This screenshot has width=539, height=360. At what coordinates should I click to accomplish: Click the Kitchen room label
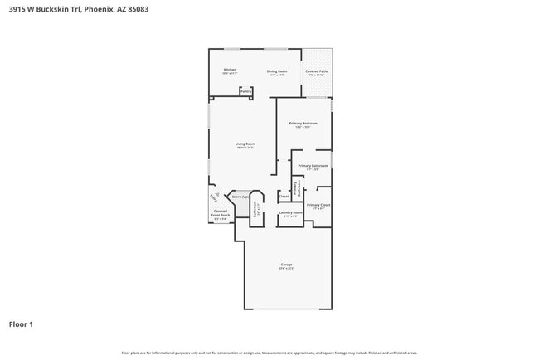[x=230, y=71]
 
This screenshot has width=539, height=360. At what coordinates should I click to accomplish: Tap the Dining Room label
[x=277, y=72]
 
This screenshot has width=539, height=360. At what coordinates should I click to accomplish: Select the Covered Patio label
[x=316, y=72]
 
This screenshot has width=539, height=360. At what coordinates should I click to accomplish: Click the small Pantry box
[x=246, y=92]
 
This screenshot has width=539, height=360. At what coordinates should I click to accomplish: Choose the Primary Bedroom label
[x=303, y=124]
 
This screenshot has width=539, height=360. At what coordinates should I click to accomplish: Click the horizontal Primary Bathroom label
[x=313, y=167]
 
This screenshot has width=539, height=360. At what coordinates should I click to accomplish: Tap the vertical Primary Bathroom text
[x=296, y=188]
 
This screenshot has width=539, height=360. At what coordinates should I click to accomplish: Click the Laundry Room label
[x=290, y=213]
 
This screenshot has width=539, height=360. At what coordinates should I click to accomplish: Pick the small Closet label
[x=284, y=197]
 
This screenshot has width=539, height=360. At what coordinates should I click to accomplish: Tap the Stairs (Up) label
[x=240, y=197]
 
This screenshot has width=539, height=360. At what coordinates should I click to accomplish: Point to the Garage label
[x=286, y=265]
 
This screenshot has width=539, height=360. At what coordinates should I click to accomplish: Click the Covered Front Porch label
[x=221, y=214]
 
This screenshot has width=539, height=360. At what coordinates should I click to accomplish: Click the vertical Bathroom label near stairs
[x=256, y=210]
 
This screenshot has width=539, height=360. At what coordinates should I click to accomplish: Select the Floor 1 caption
[x=21, y=324]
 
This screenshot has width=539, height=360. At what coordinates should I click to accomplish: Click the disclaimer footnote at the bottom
[x=269, y=353]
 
